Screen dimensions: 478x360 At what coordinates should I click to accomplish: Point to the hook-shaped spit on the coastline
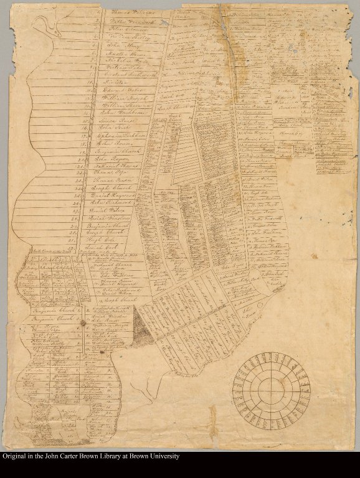coord(44,24)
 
